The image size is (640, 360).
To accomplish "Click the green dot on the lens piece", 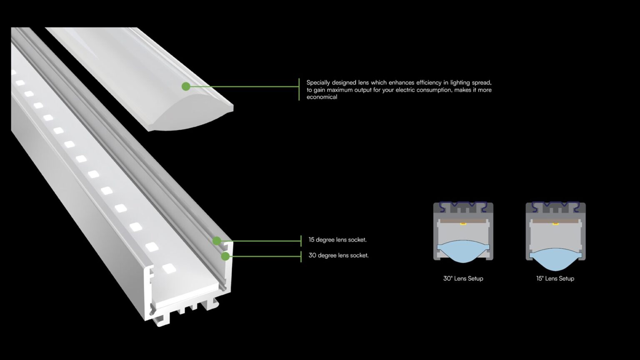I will pos(186,86).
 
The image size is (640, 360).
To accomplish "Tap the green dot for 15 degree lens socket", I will pos(217,240).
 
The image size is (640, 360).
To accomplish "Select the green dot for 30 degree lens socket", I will pos(225,256).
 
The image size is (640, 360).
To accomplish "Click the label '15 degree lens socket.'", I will pos(337,240).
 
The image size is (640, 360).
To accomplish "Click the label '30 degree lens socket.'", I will pos(338,255).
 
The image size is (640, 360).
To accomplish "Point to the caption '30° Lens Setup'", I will pos(463,278).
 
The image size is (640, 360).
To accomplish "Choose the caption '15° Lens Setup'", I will pos(555,278).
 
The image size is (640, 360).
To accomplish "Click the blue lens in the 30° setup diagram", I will pos(463,251).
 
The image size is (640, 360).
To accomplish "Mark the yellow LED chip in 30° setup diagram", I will pos(463,224).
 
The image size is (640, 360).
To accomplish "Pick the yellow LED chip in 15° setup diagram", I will pos(555,224).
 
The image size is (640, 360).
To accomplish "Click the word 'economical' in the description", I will pos(322,97).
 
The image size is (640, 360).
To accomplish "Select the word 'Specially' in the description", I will pos(318,82).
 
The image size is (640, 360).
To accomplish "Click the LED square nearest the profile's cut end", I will pos(169,268).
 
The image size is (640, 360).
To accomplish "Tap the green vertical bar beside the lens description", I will pos(299,89).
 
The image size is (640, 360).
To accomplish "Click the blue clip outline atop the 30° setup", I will pos(463,205).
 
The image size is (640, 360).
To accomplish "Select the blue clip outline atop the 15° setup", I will pos(555,205).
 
